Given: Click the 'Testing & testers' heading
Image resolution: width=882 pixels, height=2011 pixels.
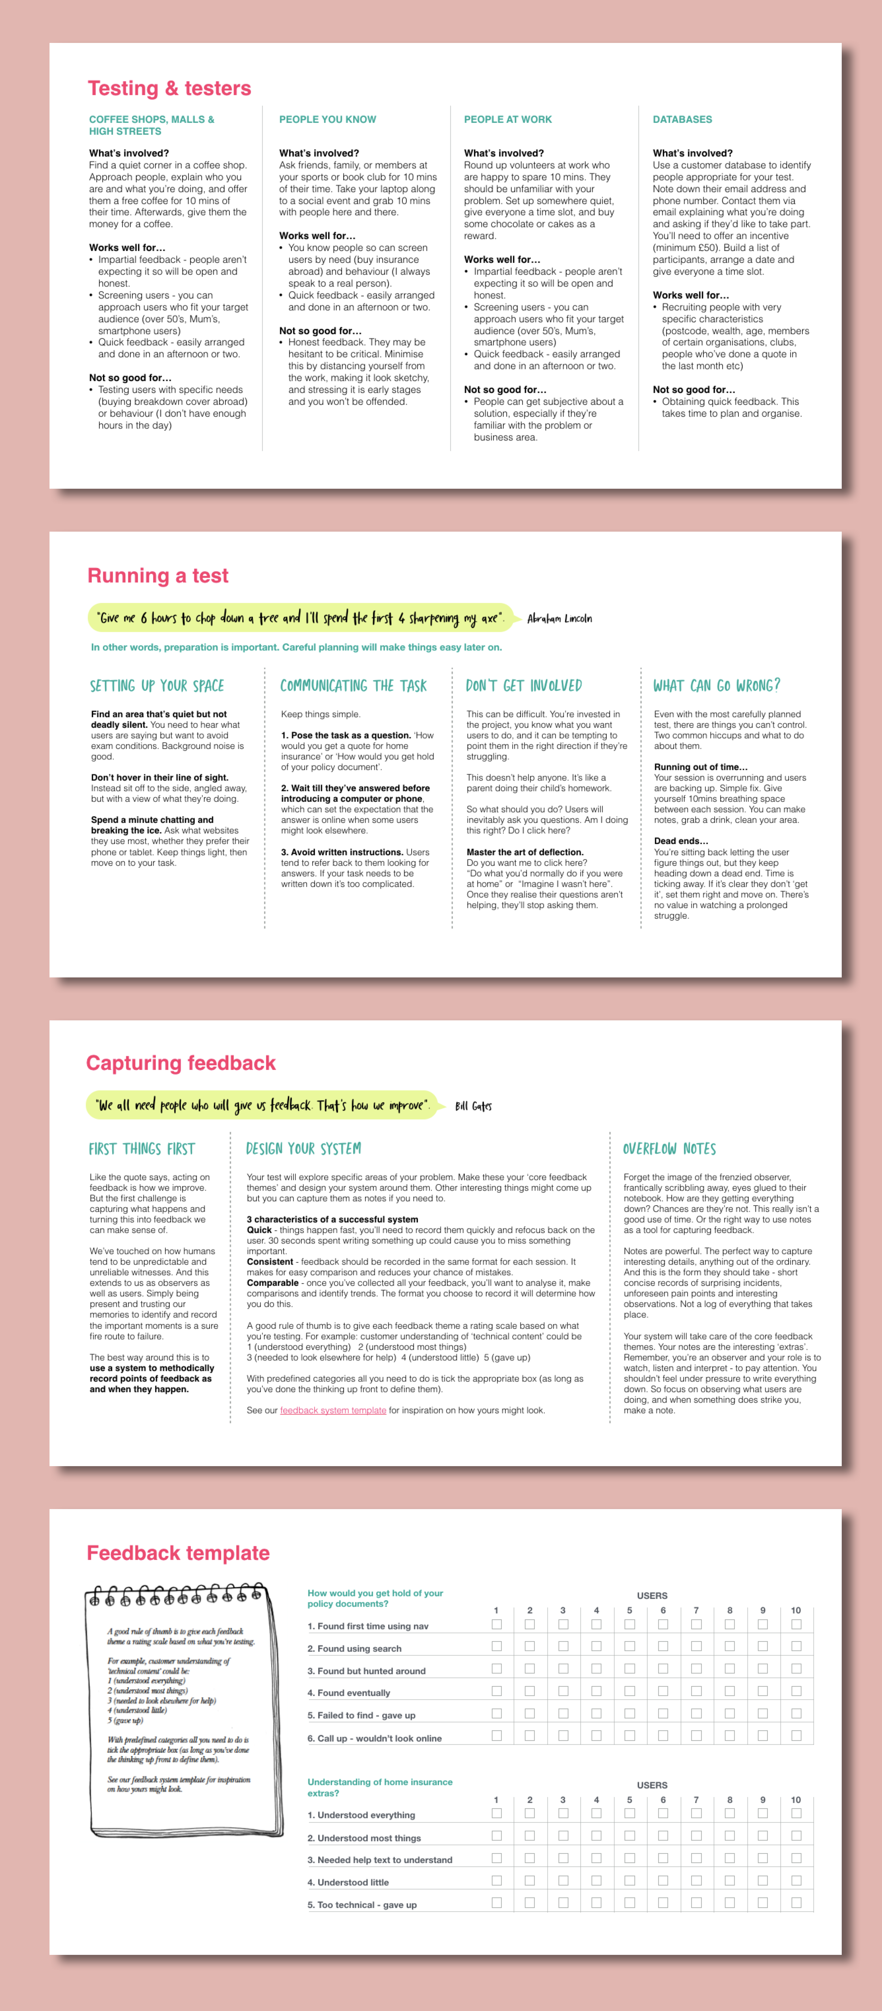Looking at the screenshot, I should tap(169, 88).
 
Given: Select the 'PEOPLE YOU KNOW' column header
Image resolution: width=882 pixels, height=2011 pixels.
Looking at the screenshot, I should tap(327, 120).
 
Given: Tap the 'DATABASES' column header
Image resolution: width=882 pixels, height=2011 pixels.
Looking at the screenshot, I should tap(682, 120).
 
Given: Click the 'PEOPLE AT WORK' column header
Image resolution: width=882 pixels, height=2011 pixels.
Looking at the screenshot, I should tap(507, 120).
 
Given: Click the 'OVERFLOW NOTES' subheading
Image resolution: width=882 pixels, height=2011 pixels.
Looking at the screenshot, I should tap(669, 1148).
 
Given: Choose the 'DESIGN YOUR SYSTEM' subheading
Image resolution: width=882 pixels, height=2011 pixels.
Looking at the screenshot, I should tap(304, 1148).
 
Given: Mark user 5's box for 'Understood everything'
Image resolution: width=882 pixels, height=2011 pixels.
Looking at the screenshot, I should tap(629, 1813).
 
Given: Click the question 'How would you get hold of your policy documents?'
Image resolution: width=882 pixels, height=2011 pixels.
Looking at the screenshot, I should tap(375, 1598).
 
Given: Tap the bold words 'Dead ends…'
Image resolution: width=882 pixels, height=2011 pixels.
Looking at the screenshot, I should tap(681, 841).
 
